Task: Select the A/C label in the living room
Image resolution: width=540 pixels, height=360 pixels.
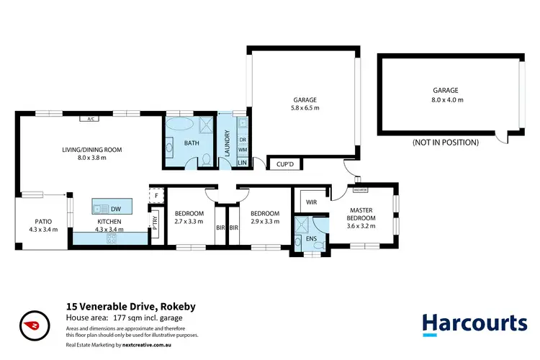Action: pyautogui.click(x=91, y=120)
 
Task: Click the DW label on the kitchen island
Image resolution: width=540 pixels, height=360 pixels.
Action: pyautogui.click(x=115, y=208)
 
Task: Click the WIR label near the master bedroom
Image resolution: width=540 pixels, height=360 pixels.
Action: pyautogui.click(x=312, y=202)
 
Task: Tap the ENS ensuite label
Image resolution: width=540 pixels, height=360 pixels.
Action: pyautogui.click(x=311, y=238)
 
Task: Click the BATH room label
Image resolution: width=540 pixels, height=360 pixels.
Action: pyautogui.click(x=192, y=143)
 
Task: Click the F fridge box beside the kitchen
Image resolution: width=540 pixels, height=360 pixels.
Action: pyautogui.click(x=156, y=195)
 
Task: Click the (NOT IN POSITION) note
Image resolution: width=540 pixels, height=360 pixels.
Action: pyautogui.click(x=446, y=143)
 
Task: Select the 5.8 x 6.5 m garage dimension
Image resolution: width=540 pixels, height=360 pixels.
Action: pyautogui.click(x=305, y=108)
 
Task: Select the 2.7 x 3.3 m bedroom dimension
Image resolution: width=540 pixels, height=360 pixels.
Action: pyautogui.click(x=189, y=222)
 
